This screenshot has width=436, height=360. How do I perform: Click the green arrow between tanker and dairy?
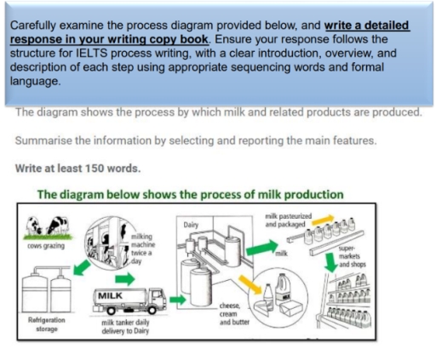(178, 299)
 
